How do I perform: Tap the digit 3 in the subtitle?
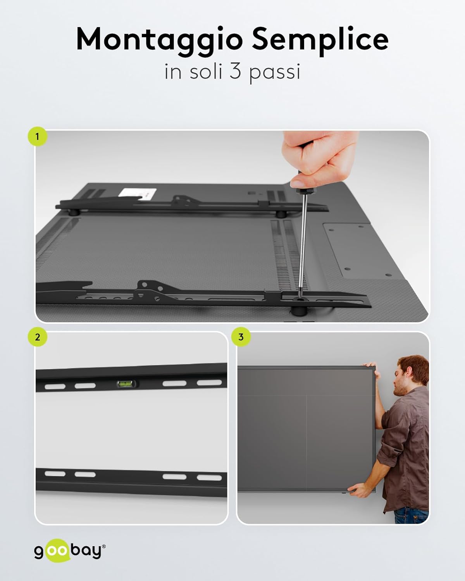click(235, 72)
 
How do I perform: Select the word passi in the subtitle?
click(274, 72)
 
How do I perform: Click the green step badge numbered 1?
click(37, 136)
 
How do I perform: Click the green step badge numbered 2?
click(37, 337)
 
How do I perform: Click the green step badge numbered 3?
click(241, 337)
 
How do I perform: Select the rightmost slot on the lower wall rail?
click(209, 477)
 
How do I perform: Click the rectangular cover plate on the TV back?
click(358, 250)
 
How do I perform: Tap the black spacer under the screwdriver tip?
click(298, 311)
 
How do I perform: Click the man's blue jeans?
click(411, 515)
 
